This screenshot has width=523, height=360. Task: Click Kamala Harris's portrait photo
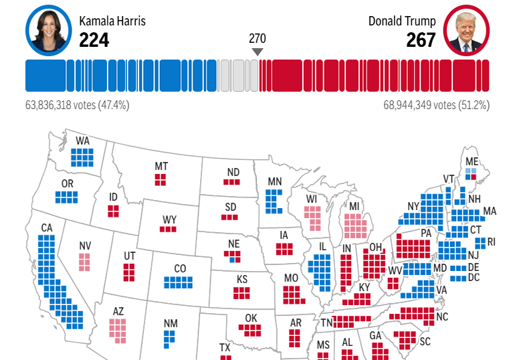tap(48, 30)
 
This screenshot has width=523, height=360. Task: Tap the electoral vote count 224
tap(94, 41)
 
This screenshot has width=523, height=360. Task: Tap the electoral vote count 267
tap(421, 41)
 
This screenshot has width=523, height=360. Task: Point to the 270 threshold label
tap(257, 37)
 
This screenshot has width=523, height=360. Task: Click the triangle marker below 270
tap(257, 52)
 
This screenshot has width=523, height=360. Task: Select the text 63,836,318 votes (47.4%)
tap(77, 105)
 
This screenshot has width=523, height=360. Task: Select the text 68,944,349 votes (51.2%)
tap(436, 105)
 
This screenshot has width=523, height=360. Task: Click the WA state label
tap(82, 141)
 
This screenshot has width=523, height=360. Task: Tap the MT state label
tap(161, 166)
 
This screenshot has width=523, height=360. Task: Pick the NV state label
tap(85, 246)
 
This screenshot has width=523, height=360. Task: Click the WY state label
tap(169, 219)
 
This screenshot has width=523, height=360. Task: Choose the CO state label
tap(180, 269)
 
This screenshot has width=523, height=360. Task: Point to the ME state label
tap(472, 161)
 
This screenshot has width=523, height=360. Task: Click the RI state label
tap(492, 242)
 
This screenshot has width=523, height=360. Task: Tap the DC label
tap(474, 277)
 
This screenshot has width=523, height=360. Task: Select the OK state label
tap(251, 318)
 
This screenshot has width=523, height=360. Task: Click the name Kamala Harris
tap(112, 21)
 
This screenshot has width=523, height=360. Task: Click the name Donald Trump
tap(402, 21)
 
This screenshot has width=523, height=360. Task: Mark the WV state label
tap(395, 270)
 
